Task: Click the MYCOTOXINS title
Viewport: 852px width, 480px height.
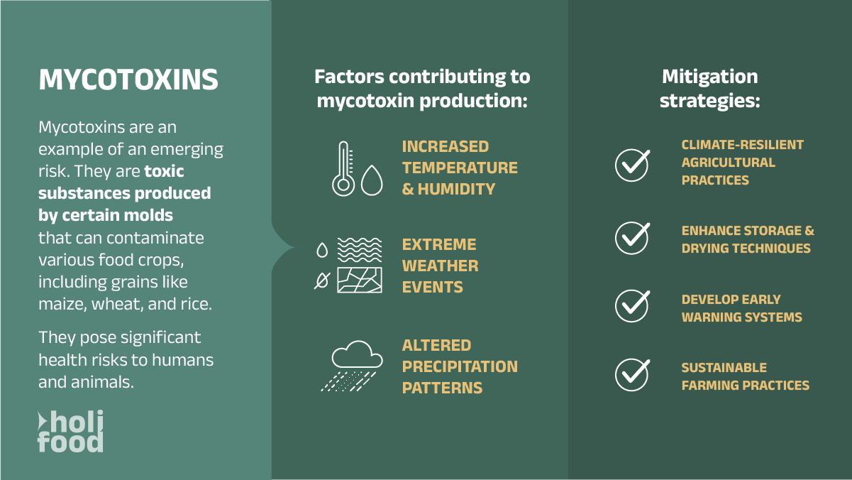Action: pos(128,80)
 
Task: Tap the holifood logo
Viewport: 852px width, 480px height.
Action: pos(71,431)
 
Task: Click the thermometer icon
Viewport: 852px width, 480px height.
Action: pos(343,168)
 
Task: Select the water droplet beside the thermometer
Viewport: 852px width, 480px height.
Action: pos(372,180)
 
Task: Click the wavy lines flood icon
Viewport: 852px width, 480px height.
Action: pos(360,250)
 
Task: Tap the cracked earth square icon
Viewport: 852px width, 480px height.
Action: pos(360,280)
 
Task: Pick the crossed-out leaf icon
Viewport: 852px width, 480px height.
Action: pos(322,280)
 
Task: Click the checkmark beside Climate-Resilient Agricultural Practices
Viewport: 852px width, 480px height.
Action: pos(632,165)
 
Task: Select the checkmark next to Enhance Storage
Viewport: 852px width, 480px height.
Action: pos(632,239)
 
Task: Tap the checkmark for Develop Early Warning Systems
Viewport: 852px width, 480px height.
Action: pos(632,306)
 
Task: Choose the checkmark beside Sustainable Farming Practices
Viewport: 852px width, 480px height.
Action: pos(632,375)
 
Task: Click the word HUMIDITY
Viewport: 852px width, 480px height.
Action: pos(456,189)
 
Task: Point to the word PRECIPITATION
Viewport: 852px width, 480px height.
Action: pos(460,366)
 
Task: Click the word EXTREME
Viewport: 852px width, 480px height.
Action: pos(439,244)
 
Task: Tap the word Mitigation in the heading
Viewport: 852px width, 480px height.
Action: pos(709,77)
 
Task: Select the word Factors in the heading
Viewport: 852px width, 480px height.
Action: pos(349,77)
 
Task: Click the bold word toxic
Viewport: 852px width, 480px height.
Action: pos(165,171)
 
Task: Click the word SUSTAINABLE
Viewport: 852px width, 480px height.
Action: pos(724,368)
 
